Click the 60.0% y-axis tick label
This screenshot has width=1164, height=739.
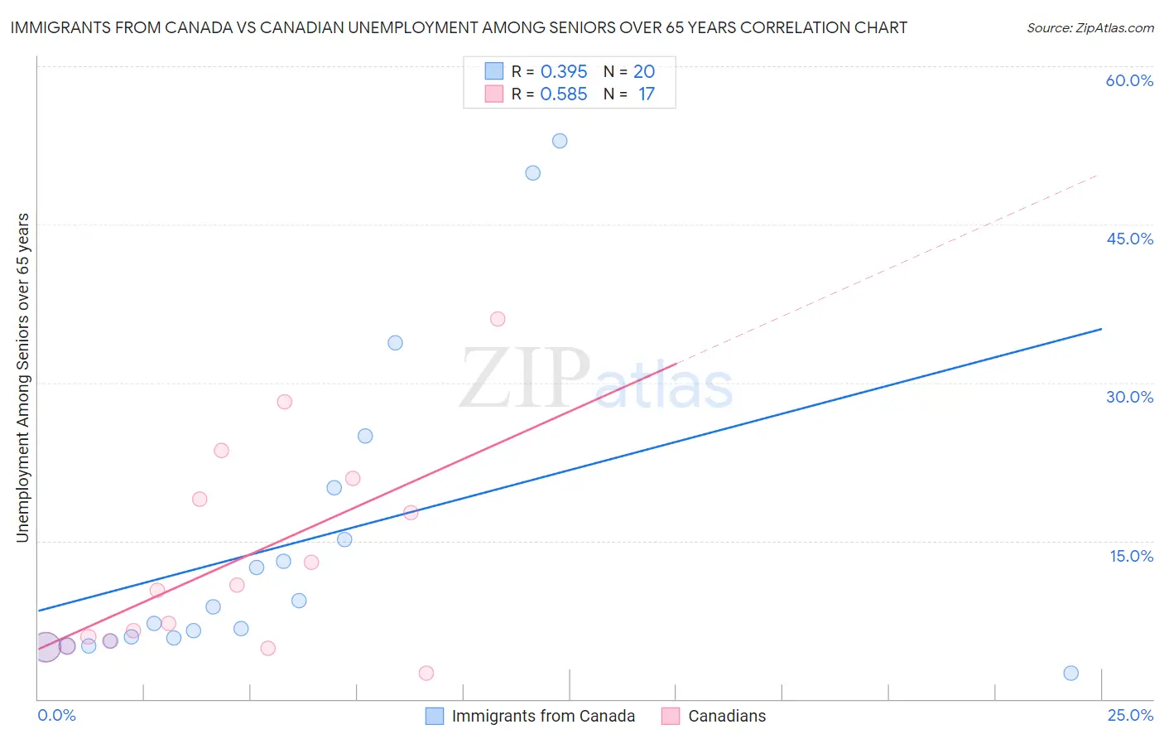coord(1129,80)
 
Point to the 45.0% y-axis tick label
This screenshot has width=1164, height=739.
coord(1129,239)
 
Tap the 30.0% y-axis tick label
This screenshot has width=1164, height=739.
coord(1129,397)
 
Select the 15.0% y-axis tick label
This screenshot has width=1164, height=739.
coord(1131,556)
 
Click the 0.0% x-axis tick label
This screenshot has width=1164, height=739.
coord(56,715)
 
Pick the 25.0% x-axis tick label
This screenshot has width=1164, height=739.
coord(1130,715)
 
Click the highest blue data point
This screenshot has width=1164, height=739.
coord(560,141)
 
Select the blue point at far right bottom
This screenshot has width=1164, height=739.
coord(1070,673)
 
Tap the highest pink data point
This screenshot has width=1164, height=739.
coord(498,319)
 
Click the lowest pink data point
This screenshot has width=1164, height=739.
coord(426,673)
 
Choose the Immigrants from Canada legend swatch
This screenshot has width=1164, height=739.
coord(435,716)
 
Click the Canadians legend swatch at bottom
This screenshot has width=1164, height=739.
coord(671,716)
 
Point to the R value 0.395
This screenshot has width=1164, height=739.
coord(564,71)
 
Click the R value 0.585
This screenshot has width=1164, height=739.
coord(564,94)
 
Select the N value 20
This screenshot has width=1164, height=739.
coord(644,71)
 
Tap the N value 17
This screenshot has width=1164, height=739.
coord(646,94)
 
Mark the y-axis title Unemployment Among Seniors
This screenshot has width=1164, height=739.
coord(22,378)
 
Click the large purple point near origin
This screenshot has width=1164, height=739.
coord(46,646)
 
